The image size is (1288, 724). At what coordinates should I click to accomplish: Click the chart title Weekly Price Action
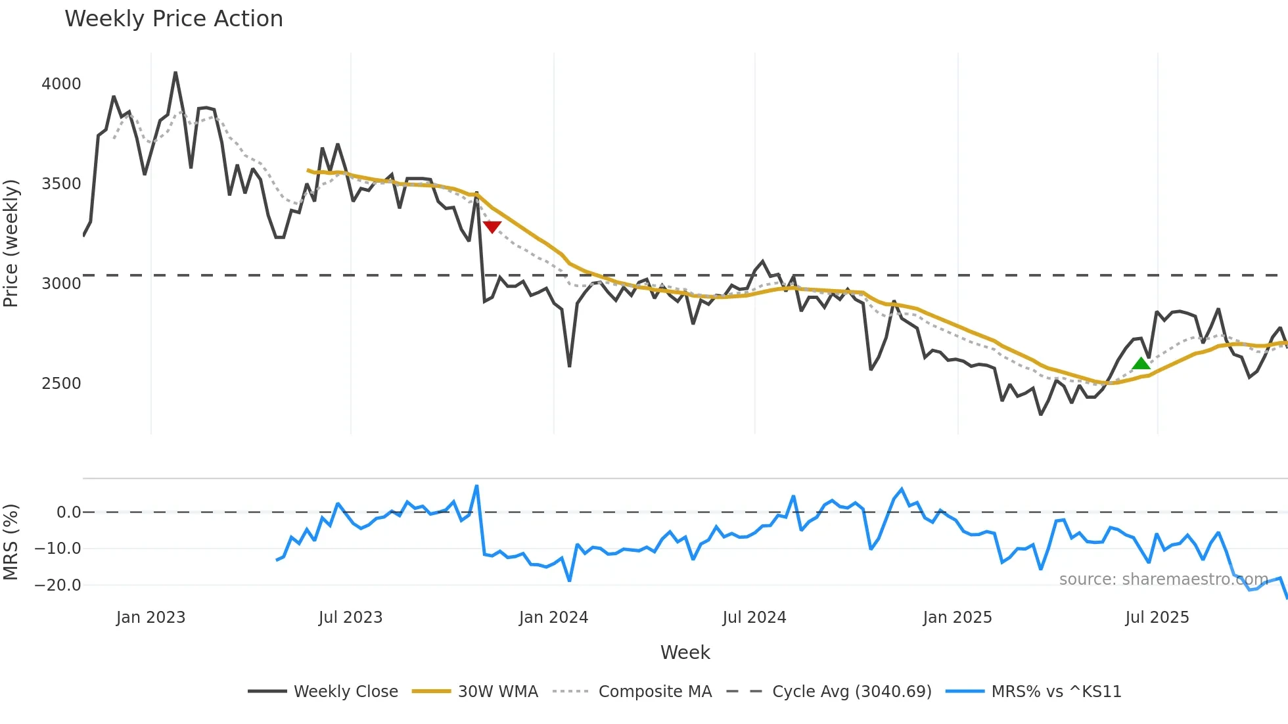pyautogui.click(x=173, y=18)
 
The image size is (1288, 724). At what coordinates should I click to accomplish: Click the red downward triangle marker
pyautogui.click(x=492, y=227)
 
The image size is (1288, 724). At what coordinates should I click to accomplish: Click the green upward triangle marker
pyautogui.click(x=1141, y=363)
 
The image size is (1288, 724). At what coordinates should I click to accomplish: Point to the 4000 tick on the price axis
pyautogui.click(x=61, y=84)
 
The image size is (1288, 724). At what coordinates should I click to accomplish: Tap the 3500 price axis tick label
pyautogui.click(x=61, y=184)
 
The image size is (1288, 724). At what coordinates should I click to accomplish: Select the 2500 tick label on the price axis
pyautogui.click(x=61, y=384)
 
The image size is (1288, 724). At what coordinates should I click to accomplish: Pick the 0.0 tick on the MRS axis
pyautogui.click(x=69, y=512)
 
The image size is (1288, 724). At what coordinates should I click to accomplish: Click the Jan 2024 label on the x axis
pyautogui.click(x=553, y=618)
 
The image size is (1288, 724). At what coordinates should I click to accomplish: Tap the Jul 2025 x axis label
pyautogui.click(x=1157, y=618)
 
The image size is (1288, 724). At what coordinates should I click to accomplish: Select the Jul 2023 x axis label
pyautogui.click(x=350, y=618)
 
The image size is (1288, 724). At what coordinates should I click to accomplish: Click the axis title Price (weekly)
pyautogui.click(x=11, y=243)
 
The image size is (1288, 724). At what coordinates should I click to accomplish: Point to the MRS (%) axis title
pyautogui.click(x=11, y=542)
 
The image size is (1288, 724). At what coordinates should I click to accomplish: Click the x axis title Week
pyautogui.click(x=685, y=652)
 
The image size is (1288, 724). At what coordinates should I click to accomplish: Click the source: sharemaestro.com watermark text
pyautogui.click(x=1163, y=579)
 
